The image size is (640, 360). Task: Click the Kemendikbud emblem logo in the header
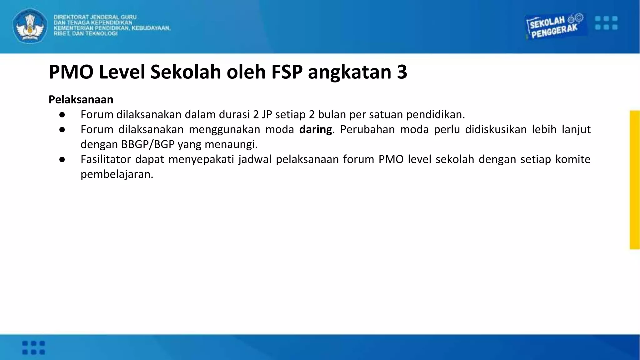click(30, 26)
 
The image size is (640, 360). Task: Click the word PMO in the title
click(71, 72)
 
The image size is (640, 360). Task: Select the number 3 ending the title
click(402, 72)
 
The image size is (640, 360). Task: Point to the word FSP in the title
click(287, 72)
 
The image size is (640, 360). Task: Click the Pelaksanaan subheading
click(81, 99)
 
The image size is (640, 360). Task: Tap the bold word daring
click(315, 129)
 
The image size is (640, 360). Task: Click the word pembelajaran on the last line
click(117, 174)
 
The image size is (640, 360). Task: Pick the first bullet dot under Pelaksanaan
click(62, 115)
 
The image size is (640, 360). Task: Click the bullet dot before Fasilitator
click(62, 160)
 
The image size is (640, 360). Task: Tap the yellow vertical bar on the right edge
click(635, 180)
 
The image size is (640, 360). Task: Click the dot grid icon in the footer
click(34, 347)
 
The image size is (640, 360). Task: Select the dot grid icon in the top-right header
click(606, 23)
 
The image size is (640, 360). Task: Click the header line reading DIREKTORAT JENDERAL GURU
click(95, 17)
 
